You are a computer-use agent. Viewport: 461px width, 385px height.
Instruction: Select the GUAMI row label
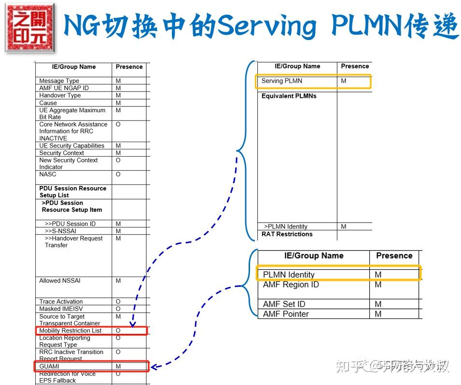tap(49, 367)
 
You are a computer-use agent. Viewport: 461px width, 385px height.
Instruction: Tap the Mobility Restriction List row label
tap(70, 331)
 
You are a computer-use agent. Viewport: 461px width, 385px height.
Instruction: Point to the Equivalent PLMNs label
tap(289, 96)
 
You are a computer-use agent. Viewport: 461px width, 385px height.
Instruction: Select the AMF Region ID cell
tap(291, 285)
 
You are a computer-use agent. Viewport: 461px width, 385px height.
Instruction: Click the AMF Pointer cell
tap(286, 314)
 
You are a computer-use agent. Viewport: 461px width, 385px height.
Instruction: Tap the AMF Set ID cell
tap(284, 304)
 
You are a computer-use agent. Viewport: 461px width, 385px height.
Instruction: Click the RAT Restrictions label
tap(287, 234)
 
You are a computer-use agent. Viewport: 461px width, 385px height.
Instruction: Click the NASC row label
tap(47, 174)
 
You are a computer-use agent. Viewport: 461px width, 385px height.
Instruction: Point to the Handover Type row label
tap(59, 95)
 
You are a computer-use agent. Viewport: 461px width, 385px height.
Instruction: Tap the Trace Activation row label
tap(61, 302)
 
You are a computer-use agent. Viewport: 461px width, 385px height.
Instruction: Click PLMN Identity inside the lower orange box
tap(289, 275)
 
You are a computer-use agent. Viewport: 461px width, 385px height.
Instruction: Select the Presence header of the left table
tap(129, 67)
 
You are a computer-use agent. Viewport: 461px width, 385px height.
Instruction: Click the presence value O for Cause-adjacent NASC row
tap(118, 174)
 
